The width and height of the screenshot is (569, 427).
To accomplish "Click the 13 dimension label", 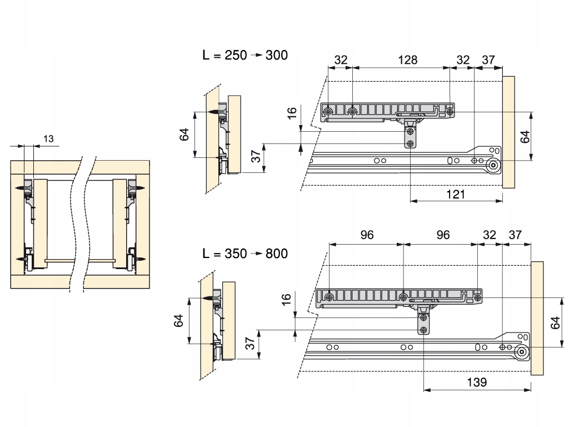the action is [48, 138].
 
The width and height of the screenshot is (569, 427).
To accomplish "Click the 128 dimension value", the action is [407, 59].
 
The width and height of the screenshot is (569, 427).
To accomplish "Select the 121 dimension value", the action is [456, 194].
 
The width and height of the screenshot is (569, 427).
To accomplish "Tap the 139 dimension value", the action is [477, 382].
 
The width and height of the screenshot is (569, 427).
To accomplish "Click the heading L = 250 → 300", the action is [245, 55].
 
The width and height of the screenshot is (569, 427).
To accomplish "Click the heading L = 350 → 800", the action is [245, 254].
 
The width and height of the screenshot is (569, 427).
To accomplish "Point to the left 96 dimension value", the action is [367, 235].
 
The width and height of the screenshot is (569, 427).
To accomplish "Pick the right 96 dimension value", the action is [443, 235].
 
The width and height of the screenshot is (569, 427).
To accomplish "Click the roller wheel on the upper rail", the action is [493, 166].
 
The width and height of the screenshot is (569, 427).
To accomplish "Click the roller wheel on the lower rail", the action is [521, 352].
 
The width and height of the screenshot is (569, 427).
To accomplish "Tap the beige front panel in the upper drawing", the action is [508, 132].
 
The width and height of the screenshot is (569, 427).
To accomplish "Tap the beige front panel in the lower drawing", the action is [537, 318].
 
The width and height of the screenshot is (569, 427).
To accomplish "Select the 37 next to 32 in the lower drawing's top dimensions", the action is [515, 235].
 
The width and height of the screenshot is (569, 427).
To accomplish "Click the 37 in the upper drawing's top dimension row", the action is [488, 59].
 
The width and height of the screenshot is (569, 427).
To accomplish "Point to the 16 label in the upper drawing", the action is [292, 113].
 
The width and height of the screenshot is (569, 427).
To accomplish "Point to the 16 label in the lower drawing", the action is [287, 299].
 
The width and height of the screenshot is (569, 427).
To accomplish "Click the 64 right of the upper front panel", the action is [525, 137].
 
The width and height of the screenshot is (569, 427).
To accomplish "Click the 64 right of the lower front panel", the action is [555, 323].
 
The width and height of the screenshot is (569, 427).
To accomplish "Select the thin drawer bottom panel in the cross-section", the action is [81, 261].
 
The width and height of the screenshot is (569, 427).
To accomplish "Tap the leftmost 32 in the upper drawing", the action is [341, 59].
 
